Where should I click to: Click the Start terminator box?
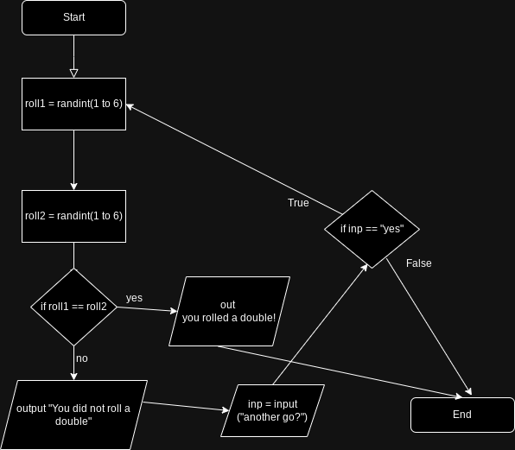[73, 17]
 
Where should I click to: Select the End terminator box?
[462, 415]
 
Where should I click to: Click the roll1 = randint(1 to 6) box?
[73, 104]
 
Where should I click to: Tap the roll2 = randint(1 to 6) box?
[73, 216]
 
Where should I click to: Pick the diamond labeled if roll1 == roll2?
[73, 307]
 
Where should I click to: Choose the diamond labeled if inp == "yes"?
[372, 229]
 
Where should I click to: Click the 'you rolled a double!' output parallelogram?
[229, 311]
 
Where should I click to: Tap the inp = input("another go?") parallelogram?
[272, 410]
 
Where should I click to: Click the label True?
[298, 203]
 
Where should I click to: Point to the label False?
[418, 263]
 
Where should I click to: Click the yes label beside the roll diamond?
[134, 298]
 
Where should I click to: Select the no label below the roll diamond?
[81, 358]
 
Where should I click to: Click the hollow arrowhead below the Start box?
[73, 73]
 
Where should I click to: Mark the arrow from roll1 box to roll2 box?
[73, 160]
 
